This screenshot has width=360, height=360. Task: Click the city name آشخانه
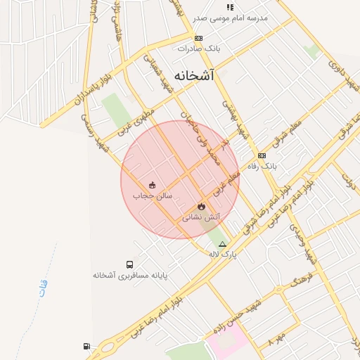tap(193, 75)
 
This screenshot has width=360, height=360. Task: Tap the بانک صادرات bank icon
tap(199, 39)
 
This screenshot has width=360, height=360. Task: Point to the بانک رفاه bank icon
tap(262, 155)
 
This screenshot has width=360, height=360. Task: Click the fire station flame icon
tap(202, 206)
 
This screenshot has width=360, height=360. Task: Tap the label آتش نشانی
tap(202, 218)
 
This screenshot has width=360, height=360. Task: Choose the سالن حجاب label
tap(153, 196)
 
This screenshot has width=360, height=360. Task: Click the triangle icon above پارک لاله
tap(223, 244)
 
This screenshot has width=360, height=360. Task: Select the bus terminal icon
tap(130, 264)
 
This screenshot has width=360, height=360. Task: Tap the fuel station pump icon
tap(86, 346)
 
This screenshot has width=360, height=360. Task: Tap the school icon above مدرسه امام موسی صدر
tap(230, 7)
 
